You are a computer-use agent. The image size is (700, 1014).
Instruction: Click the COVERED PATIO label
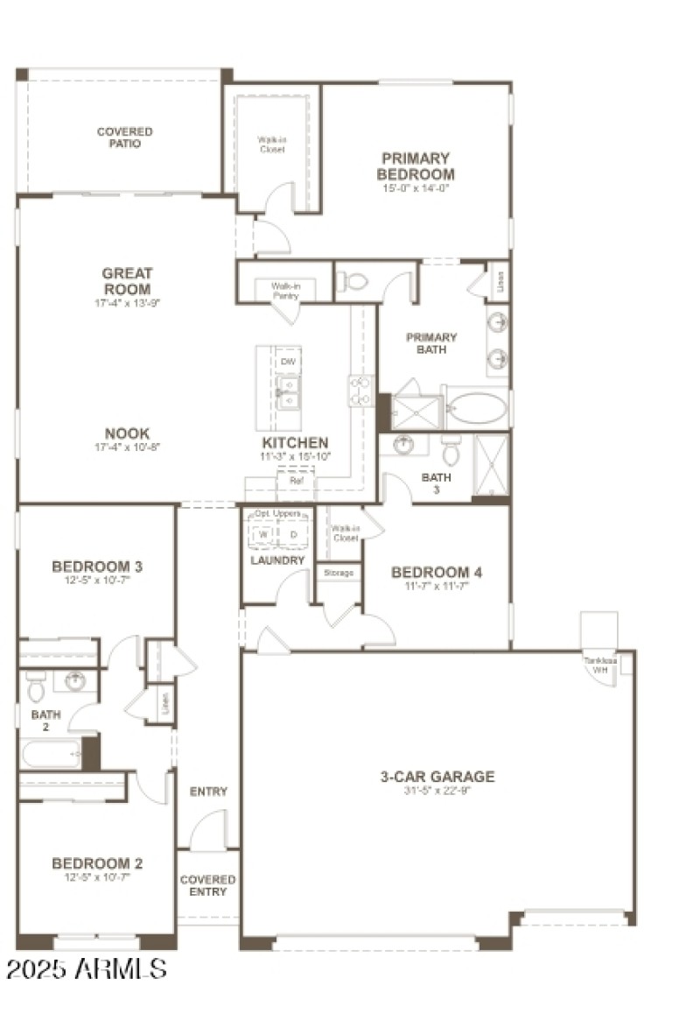click(x=124, y=137)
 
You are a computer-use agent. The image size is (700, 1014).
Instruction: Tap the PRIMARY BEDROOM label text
click(x=416, y=165)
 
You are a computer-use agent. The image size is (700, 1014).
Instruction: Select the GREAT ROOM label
click(x=127, y=281)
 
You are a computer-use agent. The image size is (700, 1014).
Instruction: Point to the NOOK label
click(x=127, y=433)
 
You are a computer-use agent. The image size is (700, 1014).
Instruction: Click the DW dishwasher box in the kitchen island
click(x=286, y=361)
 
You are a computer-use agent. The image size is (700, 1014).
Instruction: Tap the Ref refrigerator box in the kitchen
click(x=296, y=481)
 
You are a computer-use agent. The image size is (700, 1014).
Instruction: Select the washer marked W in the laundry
click(x=262, y=534)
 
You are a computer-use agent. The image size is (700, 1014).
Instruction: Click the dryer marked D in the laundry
click(x=294, y=534)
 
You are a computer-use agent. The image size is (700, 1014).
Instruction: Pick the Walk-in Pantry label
click(x=284, y=291)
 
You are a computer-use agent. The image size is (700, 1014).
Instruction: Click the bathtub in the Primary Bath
click(x=476, y=408)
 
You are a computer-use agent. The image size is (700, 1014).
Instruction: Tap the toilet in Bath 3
click(x=451, y=450)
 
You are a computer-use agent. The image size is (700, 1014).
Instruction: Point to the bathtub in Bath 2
click(x=51, y=753)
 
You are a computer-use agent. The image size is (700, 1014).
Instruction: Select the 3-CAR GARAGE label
click(x=437, y=776)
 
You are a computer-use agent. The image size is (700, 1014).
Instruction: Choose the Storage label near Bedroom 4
click(x=339, y=573)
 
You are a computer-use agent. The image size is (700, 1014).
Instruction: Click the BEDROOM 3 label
click(x=97, y=567)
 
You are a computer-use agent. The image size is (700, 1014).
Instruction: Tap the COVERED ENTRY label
click(x=207, y=885)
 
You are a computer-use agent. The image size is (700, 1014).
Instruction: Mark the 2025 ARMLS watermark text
click(x=86, y=968)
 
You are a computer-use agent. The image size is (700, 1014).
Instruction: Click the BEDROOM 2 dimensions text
click(x=97, y=877)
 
